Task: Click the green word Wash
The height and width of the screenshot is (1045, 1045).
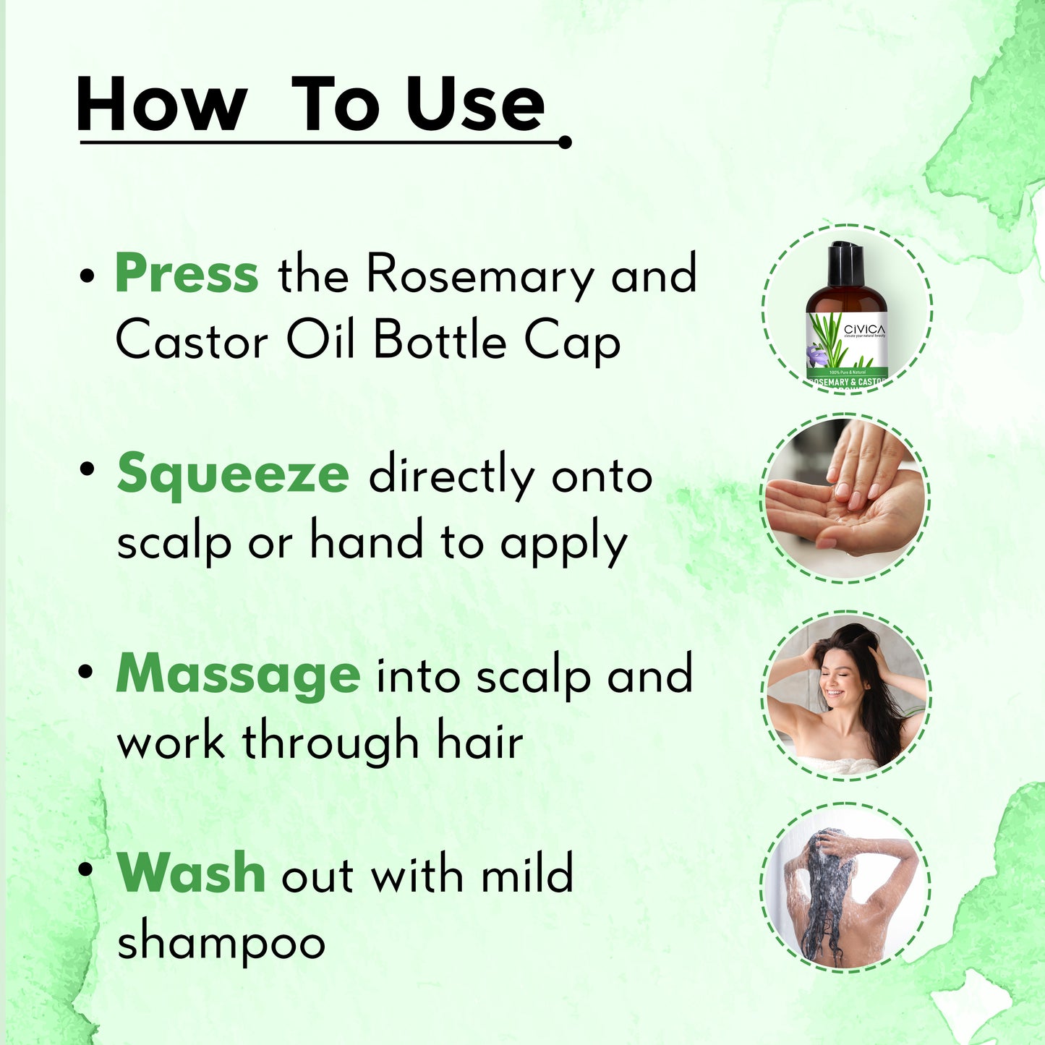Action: click(191, 873)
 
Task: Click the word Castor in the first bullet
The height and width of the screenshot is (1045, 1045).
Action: click(192, 341)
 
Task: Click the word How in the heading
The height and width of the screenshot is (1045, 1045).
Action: click(161, 104)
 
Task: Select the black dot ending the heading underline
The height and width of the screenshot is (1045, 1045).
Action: click(565, 142)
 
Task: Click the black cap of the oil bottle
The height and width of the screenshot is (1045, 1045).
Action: click(845, 266)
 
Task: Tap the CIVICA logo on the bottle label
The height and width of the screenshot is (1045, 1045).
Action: click(864, 330)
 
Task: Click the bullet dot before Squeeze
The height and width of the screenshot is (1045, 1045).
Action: click(86, 469)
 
